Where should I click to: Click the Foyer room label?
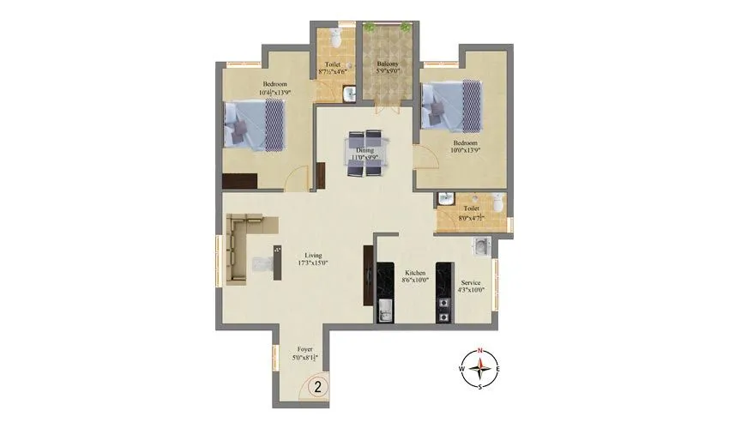point(305,349)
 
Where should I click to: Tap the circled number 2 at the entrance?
point(317,387)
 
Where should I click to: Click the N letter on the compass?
point(481,350)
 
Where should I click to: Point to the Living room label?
point(314,255)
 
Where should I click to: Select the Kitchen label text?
point(415,273)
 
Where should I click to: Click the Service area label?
point(471,282)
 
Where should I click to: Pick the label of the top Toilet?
point(333,64)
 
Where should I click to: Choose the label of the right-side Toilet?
point(471,208)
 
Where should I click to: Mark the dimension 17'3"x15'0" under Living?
point(314,263)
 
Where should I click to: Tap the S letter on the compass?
point(481,385)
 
